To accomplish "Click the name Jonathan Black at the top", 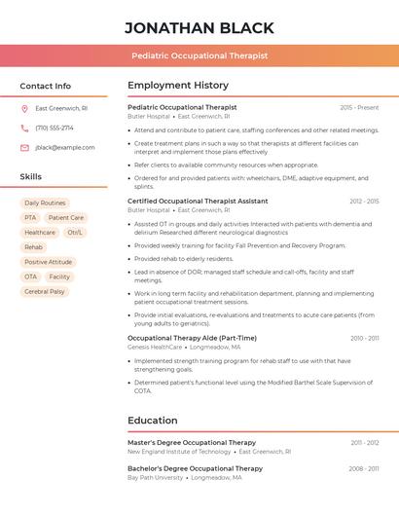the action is (x=199, y=27).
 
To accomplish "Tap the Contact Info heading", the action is (x=45, y=86).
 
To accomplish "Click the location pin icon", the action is (x=24, y=108).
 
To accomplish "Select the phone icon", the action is (x=24, y=128).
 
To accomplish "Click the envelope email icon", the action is (x=24, y=147).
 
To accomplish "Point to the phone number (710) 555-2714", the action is (x=54, y=128).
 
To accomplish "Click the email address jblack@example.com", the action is (x=65, y=147).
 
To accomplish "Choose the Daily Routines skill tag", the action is (x=45, y=203).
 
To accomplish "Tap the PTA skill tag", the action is (x=30, y=218).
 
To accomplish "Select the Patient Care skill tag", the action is (x=66, y=218).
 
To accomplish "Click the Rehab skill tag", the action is (x=33, y=247).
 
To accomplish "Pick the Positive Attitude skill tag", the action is (x=49, y=262).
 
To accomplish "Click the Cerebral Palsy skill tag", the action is (x=45, y=291).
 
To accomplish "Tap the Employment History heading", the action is (x=178, y=86).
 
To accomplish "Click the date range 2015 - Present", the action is (x=359, y=107).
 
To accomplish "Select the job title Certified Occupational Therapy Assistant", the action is (x=198, y=201).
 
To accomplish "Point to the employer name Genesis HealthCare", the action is (x=155, y=347).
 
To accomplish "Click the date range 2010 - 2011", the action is (x=365, y=338).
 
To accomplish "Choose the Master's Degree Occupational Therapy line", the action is (x=192, y=442).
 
